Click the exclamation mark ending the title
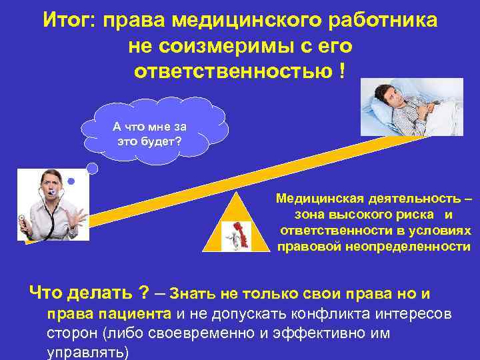(x=342, y=71)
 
